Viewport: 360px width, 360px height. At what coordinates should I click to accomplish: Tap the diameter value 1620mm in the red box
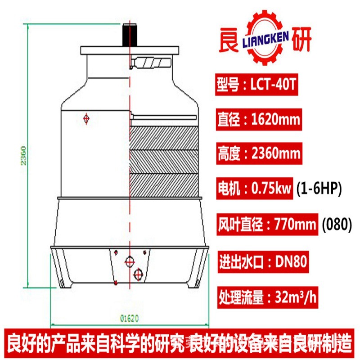[x=259, y=121]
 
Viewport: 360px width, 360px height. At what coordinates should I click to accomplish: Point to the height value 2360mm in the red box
[x=259, y=154]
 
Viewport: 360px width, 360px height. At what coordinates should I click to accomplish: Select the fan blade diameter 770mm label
[x=268, y=224]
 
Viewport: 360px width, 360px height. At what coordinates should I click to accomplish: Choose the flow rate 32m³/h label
[x=265, y=297]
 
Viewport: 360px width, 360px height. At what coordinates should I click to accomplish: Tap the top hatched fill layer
[x=163, y=137]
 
